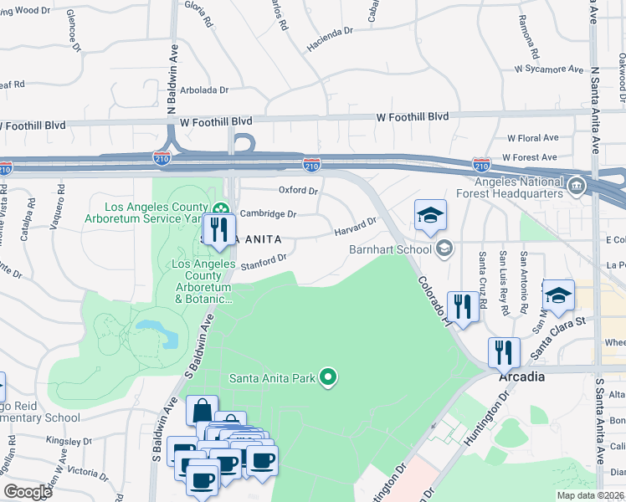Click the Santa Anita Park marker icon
(328, 378)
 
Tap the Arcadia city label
(522, 376)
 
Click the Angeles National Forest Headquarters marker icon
(576, 186)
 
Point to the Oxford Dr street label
(299, 191)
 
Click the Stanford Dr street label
(264, 264)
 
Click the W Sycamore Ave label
(549, 69)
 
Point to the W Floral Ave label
(532, 137)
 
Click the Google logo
(28, 492)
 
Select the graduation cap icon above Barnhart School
(429, 216)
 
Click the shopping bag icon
(202, 411)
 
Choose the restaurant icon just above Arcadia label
(504, 351)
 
